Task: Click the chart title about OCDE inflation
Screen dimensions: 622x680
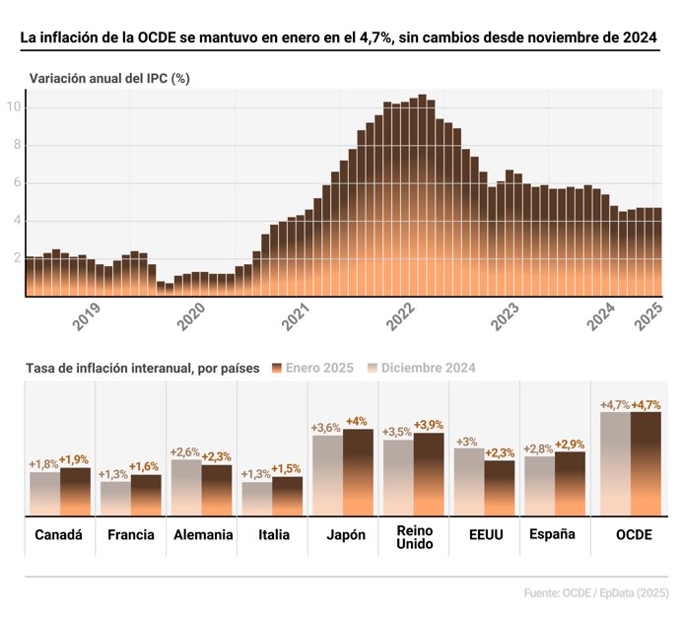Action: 339,37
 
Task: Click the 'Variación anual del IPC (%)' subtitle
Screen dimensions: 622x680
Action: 109,78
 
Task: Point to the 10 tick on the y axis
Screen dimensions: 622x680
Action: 16,106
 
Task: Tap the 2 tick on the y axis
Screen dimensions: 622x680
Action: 16,258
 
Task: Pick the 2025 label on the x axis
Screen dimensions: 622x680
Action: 650,317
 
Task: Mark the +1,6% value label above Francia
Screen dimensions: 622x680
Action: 145,466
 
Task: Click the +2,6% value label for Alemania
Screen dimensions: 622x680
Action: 185,451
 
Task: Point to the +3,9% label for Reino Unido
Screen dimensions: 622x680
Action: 429,425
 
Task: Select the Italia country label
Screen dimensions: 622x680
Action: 272,535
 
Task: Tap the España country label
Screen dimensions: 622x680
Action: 553,534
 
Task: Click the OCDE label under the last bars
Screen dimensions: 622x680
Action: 631,535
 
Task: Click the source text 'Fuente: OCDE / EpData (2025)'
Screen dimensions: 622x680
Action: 596,593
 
